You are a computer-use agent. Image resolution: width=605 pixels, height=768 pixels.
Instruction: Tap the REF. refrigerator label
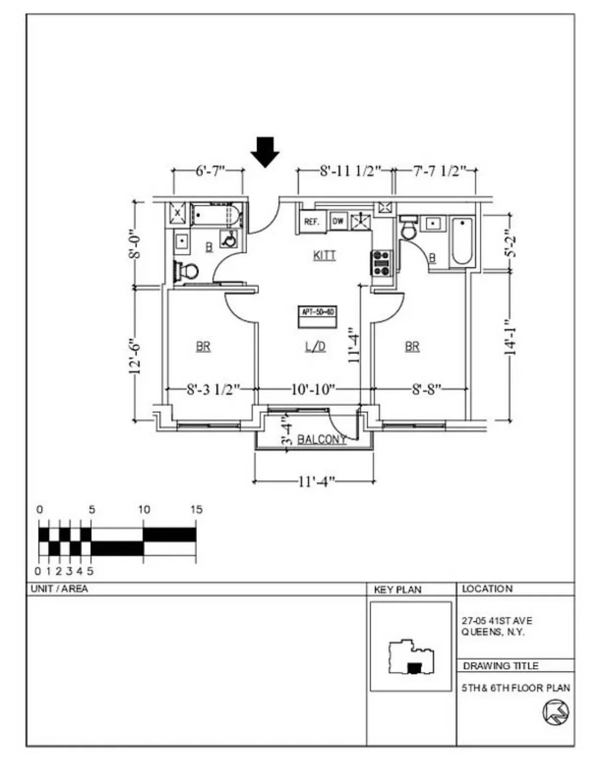[311, 222]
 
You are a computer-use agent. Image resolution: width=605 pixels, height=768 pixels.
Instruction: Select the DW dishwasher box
[338, 221]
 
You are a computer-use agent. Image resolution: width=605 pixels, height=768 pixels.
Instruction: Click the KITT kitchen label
[324, 256]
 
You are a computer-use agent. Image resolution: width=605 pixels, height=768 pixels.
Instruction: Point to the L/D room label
[315, 346]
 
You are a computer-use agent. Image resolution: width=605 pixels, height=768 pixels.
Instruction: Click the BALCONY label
[322, 439]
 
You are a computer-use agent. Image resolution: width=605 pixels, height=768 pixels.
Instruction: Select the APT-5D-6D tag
[318, 312]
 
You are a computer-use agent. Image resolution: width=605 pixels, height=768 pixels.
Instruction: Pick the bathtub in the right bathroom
[461, 241]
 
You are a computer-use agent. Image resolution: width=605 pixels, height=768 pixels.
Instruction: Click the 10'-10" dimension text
[313, 389]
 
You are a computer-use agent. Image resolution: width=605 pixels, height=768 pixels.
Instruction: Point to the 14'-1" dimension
[511, 338]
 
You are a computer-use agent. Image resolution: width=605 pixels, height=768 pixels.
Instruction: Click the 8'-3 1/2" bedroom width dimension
[213, 389]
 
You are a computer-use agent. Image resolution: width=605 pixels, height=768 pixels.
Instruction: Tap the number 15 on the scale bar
[196, 509]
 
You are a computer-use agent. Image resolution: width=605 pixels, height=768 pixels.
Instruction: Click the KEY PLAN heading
[397, 590]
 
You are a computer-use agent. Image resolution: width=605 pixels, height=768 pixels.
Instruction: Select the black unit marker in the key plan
[413, 668]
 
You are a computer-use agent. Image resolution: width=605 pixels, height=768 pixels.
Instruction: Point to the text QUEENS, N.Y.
[492, 632]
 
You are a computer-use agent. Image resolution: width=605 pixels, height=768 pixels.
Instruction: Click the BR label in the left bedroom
[203, 346]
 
